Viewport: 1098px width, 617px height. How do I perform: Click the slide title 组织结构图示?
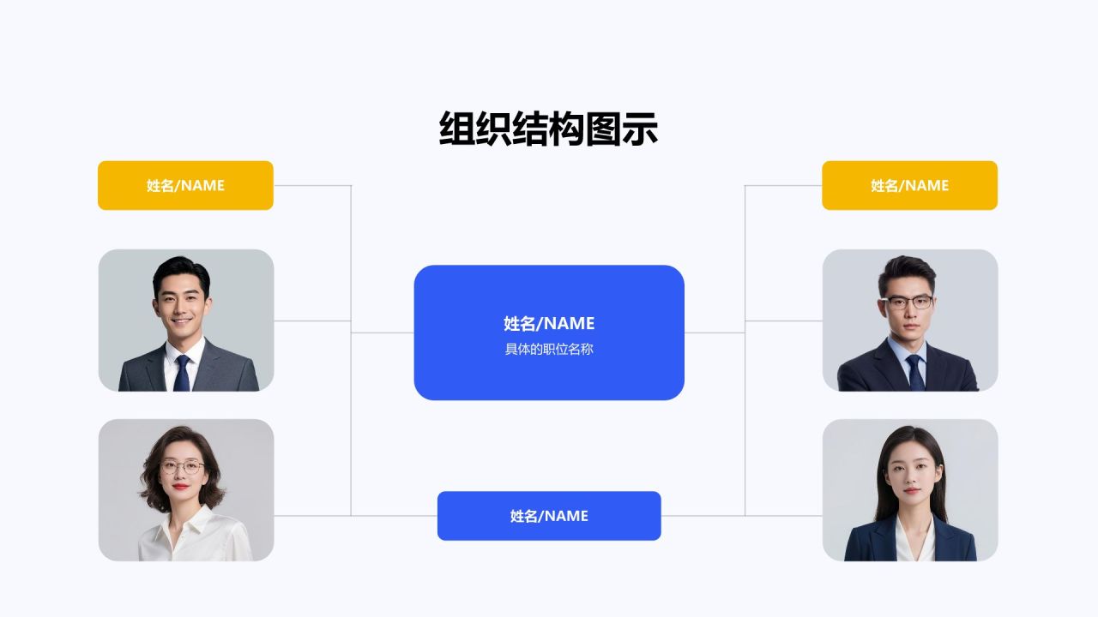[x=548, y=129]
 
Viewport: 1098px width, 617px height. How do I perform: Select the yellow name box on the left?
[x=185, y=185]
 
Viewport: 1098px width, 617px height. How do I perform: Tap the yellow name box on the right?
[x=909, y=185]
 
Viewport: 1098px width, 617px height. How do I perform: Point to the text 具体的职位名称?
[x=549, y=350]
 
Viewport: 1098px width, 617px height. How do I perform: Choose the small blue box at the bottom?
[x=549, y=516]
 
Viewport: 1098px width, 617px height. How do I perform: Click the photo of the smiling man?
[x=186, y=320]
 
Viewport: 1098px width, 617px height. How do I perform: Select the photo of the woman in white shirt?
[x=186, y=490]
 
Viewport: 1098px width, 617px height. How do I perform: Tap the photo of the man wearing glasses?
[x=910, y=320]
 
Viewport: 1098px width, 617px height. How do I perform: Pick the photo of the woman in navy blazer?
[x=910, y=490]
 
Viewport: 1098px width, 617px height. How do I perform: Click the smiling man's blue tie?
[x=182, y=374]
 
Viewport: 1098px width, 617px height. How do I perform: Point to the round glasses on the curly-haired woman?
[x=182, y=468]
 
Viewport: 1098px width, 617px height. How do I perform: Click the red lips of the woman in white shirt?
[x=180, y=488]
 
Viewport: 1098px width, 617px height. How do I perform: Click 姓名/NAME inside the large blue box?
[x=549, y=323]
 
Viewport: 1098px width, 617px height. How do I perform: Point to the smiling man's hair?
[x=181, y=267]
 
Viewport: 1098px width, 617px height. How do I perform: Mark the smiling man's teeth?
[x=180, y=322]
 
